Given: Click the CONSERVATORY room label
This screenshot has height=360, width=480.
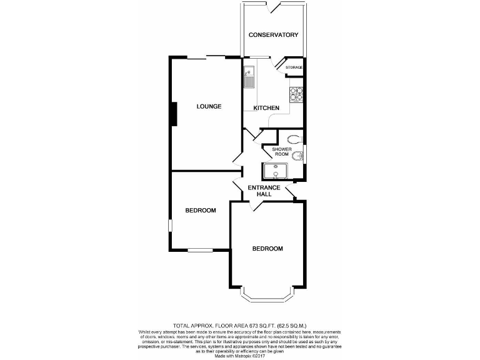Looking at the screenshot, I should [x=273, y=35].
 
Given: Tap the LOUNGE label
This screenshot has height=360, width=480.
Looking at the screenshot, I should [x=209, y=106].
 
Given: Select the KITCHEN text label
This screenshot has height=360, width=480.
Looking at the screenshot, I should [x=266, y=109].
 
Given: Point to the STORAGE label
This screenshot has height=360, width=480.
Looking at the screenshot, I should [x=294, y=67].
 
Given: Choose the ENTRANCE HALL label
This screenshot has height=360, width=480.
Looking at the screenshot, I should [x=263, y=191].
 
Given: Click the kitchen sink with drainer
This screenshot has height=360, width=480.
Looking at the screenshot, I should [x=249, y=76].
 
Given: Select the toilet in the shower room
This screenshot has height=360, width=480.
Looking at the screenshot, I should [x=294, y=139].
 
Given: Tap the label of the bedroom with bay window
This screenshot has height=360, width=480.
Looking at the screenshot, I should [x=267, y=249].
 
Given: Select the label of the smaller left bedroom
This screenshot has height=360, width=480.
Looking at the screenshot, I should [x=201, y=211].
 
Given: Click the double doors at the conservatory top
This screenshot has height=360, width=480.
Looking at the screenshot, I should [x=273, y=7].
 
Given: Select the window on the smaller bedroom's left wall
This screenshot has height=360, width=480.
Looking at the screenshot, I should [x=168, y=226].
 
